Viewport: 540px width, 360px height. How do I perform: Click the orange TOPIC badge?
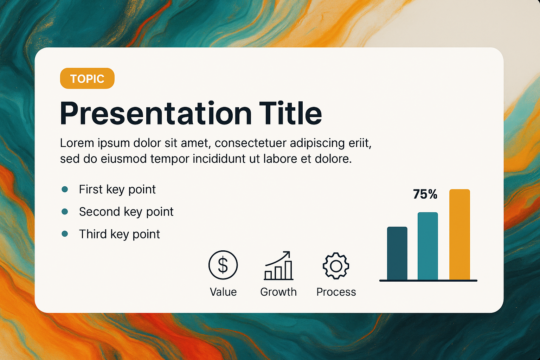click(x=87, y=78)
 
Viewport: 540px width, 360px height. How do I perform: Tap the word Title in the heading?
click(x=290, y=112)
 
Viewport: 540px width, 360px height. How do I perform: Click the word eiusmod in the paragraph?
click(x=124, y=159)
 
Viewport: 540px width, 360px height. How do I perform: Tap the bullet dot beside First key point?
click(x=65, y=189)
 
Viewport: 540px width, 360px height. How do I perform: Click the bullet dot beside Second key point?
click(x=65, y=212)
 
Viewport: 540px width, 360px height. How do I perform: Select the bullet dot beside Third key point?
click(x=65, y=234)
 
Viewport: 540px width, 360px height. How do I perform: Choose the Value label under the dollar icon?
click(x=223, y=292)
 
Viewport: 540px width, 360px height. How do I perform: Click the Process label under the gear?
click(x=336, y=292)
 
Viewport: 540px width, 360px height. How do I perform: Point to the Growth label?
click(x=278, y=292)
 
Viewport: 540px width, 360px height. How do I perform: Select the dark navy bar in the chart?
click(x=397, y=253)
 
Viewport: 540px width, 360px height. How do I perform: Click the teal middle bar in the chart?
click(x=427, y=246)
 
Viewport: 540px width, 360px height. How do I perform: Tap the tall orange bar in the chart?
click(x=459, y=234)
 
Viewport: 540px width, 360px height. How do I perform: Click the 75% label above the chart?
click(x=425, y=194)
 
